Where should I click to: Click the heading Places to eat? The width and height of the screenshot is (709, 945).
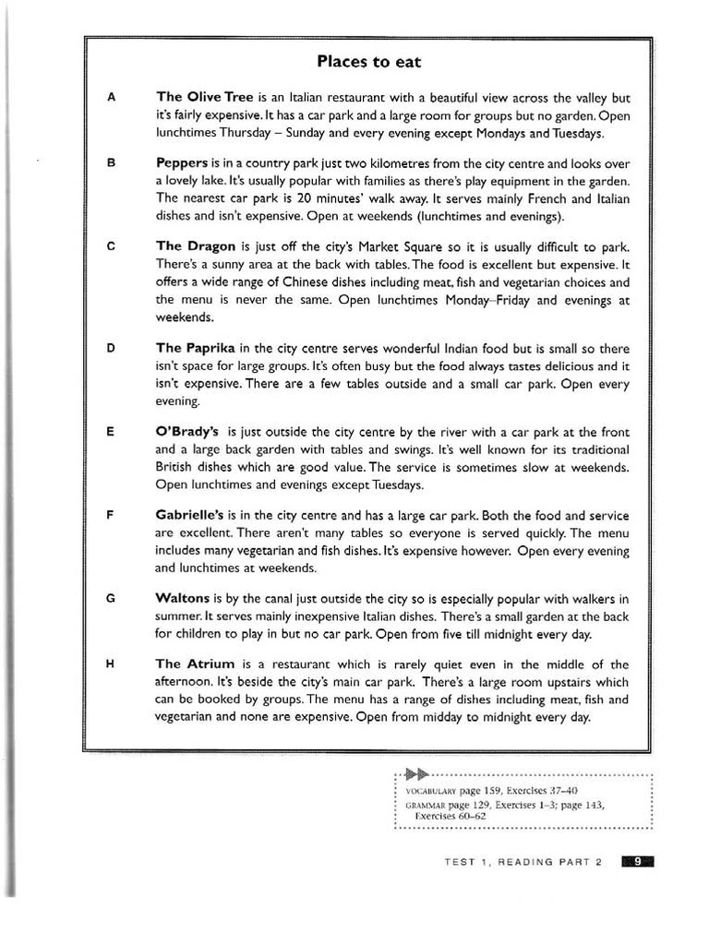pyautogui.click(x=368, y=62)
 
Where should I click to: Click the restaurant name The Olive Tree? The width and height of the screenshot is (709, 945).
pyautogui.click(x=204, y=97)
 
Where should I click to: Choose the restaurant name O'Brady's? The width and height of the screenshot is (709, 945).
pyautogui.click(x=187, y=431)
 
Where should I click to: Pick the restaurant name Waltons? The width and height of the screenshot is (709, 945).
pyautogui.click(x=184, y=598)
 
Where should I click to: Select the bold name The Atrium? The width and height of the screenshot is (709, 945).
pyautogui.click(x=195, y=664)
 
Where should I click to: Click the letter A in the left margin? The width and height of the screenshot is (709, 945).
pyautogui.click(x=112, y=97)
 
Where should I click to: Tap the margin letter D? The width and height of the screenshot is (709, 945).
pyautogui.click(x=112, y=348)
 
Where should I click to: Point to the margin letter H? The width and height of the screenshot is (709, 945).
pyautogui.click(x=112, y=664)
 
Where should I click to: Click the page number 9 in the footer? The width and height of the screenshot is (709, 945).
pyautogui.click(x=637, y=862)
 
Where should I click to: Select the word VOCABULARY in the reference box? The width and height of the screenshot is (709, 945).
pyautogui.click(x=431, y=792)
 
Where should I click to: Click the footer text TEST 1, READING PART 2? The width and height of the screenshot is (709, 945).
pyautogui.click(x=523, y=862)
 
